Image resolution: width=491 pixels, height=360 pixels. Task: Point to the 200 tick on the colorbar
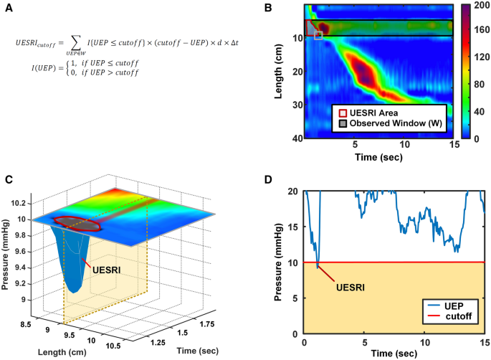pyautogui.click(x=477, y=5)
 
